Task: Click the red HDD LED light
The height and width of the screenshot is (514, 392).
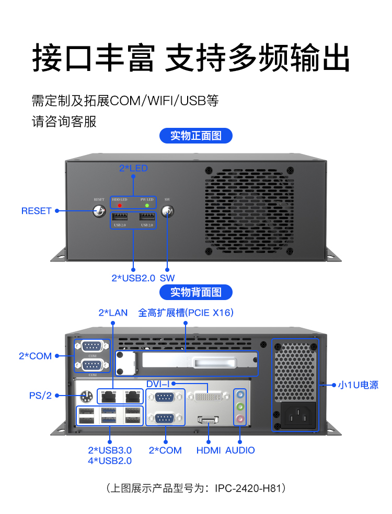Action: [x=120, y=205]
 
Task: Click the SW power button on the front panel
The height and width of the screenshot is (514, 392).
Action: [x=167, y=211]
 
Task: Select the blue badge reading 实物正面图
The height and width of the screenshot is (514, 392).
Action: [x=196, y=136]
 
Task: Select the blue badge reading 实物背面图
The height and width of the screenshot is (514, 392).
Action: [x=196, y=292]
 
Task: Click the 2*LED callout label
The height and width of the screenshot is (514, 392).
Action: [x=133, y=168]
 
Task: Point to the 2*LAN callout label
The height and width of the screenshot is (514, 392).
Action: [x=113, y=313]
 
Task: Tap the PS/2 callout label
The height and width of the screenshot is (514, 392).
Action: [x=40, y=396]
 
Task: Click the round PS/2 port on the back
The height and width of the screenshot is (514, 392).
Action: [x=87, y=396]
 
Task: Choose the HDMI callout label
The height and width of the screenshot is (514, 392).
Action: [x=209, y=450]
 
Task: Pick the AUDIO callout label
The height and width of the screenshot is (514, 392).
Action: [x=240, y=450]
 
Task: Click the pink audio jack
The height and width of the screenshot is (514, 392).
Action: [x=240, y=419]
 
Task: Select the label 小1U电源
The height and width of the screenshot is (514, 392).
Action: [x=358, y=385]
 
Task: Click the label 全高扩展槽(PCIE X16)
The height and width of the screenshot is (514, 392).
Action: [x=186, y=313]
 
